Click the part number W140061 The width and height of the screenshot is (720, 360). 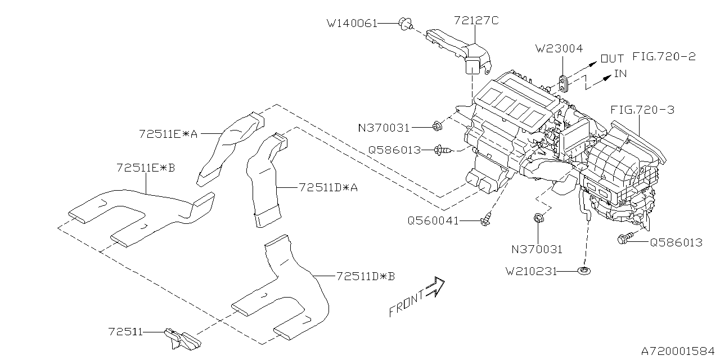point(352,24)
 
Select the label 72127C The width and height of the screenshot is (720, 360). point(476,21)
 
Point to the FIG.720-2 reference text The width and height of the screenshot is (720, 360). point(664,57)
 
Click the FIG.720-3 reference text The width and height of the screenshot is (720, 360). point(642,110)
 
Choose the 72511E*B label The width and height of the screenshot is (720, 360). point(146,168)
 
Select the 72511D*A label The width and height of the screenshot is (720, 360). point(328,187)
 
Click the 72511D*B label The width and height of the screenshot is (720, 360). point(366,276)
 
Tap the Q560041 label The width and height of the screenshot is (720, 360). point(433,221)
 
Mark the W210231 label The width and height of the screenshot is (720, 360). point(530,272)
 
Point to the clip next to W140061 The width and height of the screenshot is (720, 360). point(405,23)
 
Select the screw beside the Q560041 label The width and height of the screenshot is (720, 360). point(485,220)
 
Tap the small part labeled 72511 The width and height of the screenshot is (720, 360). point(182,339)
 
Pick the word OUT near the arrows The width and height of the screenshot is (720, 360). point(612,58)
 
